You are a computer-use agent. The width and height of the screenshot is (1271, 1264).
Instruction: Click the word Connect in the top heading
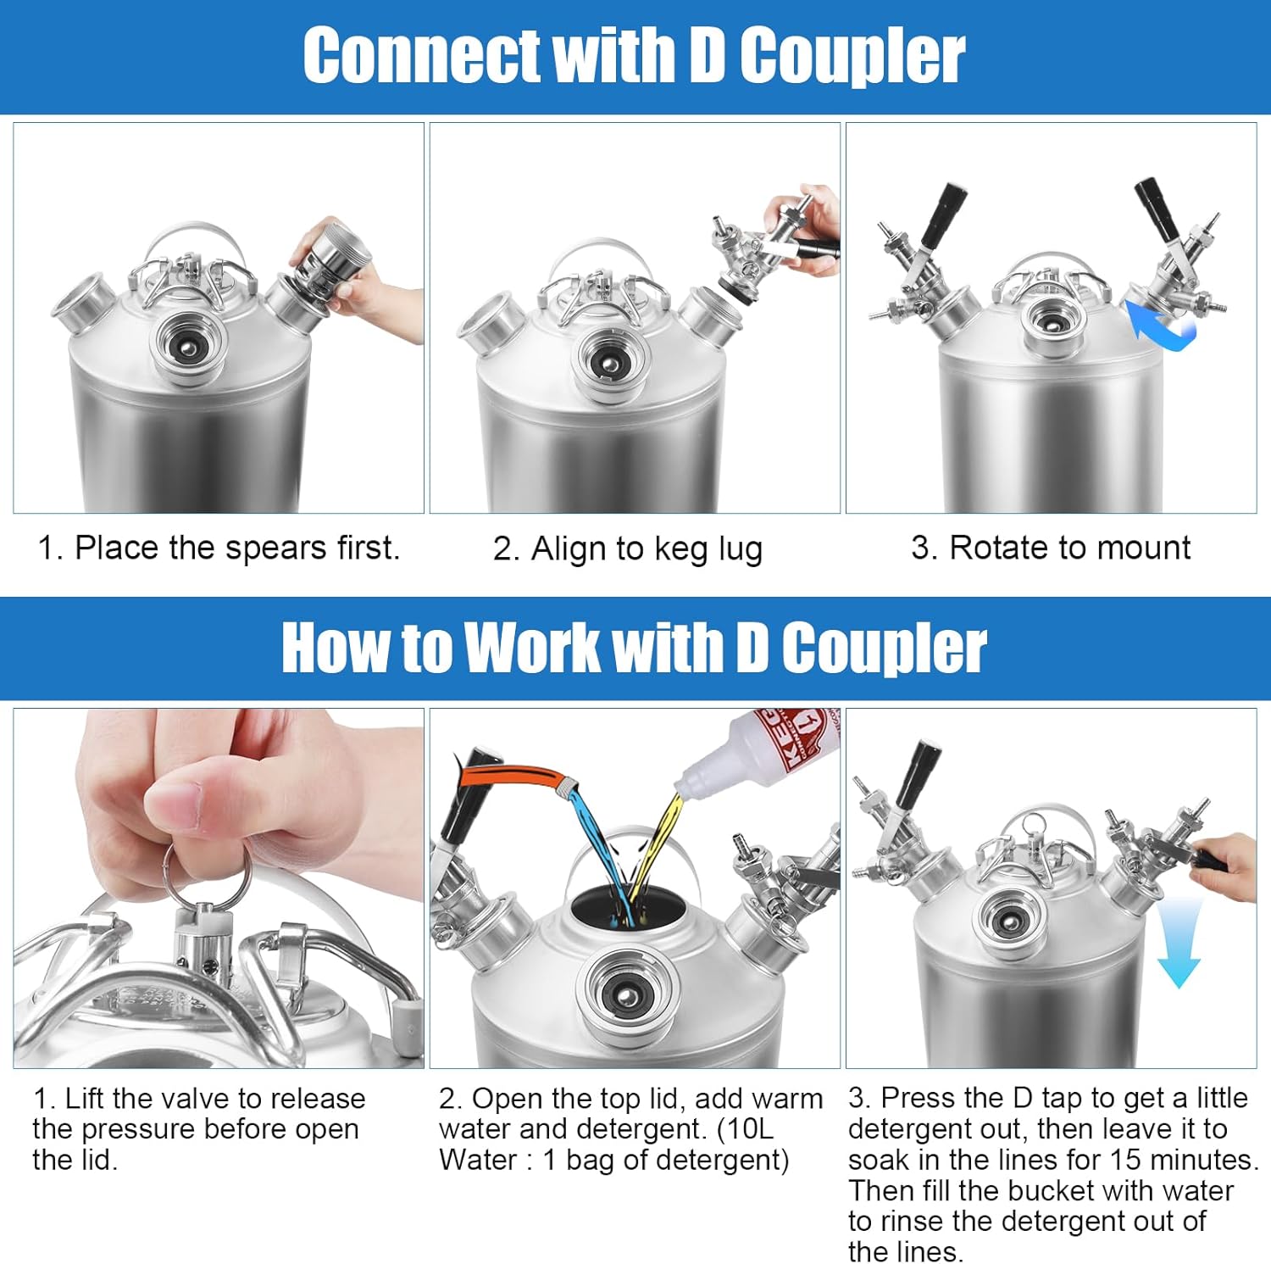coord(420,56)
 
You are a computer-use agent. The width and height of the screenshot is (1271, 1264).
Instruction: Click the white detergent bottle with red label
coord(766,746)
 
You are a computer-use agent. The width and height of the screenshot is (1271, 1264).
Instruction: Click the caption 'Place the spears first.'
coord(219,548)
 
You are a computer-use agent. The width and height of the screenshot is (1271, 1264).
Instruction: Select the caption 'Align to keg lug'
coord(628,549)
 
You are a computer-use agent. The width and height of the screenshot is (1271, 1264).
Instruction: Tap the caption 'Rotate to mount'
coord(1051,548)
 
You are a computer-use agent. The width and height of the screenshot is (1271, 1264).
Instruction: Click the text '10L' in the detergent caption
coord(749,1129)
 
